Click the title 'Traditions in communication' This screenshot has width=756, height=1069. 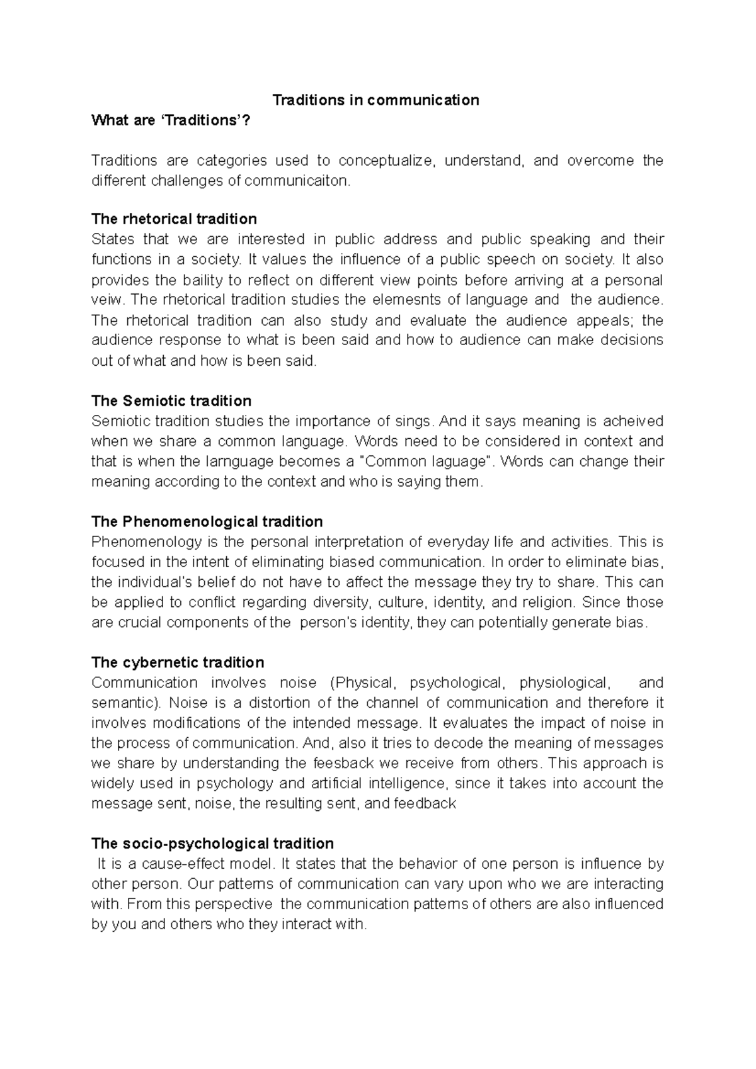[375, 100]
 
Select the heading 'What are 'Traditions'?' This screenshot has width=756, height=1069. [171, 120]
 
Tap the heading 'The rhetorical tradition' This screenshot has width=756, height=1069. [174, 219]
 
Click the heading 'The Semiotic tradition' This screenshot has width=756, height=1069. [171, 401]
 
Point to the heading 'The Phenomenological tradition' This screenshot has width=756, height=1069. [207, 522]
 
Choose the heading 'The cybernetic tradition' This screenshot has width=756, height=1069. [178, 662]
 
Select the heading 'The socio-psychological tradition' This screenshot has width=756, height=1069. [212, 844]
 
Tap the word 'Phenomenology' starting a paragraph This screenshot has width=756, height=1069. [138, 542]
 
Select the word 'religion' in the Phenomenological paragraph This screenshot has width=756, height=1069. [549, 602]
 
